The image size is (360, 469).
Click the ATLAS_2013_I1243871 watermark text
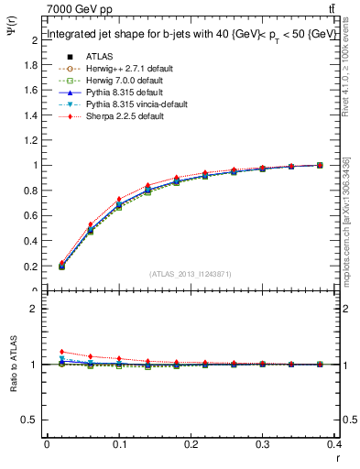[x=191, y=275]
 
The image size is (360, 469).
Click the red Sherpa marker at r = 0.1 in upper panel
[x=119, y=200]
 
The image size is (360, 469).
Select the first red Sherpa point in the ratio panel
[x=61, y=352]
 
